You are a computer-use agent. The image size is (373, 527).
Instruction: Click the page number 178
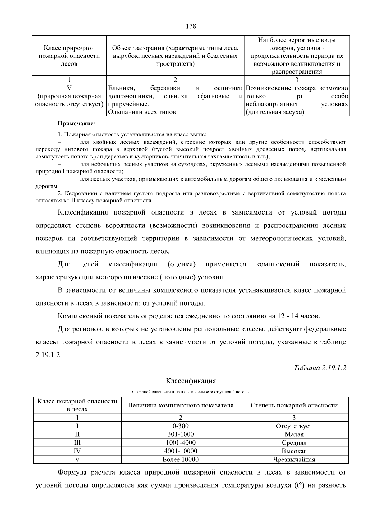point(191,26)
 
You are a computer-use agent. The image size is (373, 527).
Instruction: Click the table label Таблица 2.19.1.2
point(320,368)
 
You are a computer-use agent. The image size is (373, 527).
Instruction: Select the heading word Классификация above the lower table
point(191,381)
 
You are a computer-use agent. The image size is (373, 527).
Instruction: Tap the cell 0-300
point(181,426)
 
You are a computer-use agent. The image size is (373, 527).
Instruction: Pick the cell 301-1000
point(181,434)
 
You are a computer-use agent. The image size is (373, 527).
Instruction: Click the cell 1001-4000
point(181,443)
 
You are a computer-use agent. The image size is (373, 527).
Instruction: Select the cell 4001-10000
point(181,451)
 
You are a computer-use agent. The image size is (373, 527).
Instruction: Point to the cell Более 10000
point(181,459)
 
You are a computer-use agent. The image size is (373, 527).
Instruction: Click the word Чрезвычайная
point(294,460)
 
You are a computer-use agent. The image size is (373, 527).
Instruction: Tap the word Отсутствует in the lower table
point(294,426)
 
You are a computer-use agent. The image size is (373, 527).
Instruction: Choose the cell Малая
point(294,434)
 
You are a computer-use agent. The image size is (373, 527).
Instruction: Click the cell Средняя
point(294,443)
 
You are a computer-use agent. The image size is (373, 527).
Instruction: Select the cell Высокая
point(294,451)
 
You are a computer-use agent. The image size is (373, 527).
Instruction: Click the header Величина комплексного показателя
point(181,405)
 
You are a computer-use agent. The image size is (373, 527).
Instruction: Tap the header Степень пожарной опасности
point(294,405)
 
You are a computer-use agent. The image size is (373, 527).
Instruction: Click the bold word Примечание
point(76,124)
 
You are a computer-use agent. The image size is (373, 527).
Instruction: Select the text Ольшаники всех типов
point(142,112)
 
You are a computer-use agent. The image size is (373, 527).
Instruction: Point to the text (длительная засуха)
point(274,112)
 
